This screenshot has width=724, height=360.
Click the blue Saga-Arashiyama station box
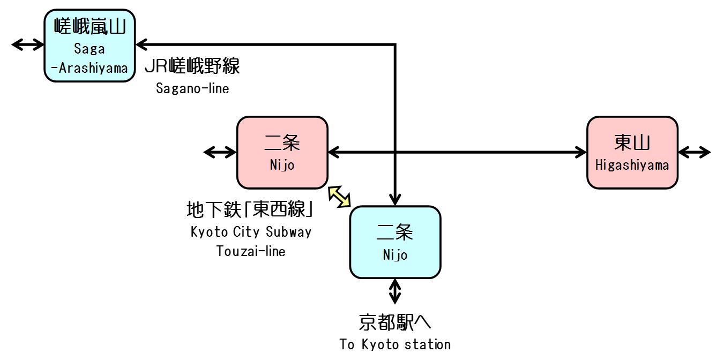click(89, 46)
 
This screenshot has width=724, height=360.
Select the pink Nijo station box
click(282, 153)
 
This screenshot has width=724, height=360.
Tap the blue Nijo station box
click(395, 242)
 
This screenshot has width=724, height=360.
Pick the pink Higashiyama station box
click(632, 153)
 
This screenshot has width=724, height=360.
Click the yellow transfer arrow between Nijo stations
click(339, 196)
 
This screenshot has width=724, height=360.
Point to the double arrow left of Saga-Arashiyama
click(27, 44)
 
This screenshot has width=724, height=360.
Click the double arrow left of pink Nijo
click(220, 153)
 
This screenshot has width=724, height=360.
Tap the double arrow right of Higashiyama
click(695, 153)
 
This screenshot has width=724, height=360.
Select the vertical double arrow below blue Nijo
click(395, 292)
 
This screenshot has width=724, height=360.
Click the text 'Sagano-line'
click(192, 88)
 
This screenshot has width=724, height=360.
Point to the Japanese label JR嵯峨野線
click(192, 66)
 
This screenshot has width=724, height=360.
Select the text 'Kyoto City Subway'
click(251, 232)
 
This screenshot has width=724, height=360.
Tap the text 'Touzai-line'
click(251, 250)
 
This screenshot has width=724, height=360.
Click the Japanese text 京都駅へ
click(395, 322)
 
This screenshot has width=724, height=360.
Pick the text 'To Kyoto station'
click(395, 344)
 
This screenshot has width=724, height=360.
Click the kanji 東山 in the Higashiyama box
click(632, 143)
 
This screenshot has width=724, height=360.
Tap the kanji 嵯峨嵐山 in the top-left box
click(89, 26)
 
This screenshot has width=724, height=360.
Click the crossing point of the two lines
click(395, 153)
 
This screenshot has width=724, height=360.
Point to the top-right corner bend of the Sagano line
click(395, 44)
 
